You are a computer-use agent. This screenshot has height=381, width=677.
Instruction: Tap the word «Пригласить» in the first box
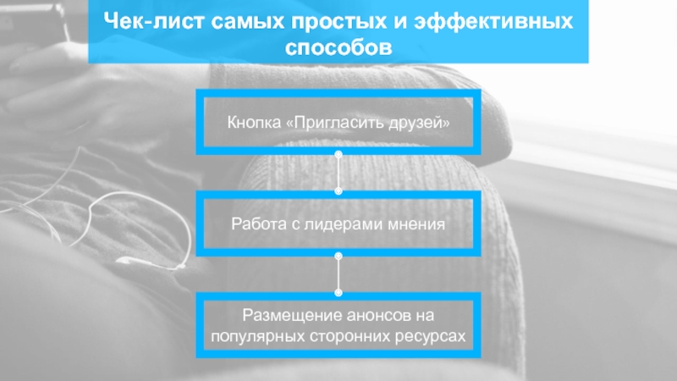point(334,124)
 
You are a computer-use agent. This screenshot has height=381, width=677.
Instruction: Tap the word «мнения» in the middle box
point(415,224)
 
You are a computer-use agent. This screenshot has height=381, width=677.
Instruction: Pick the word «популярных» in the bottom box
point(254,335)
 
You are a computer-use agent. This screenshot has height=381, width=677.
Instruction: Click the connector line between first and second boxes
point(338,173)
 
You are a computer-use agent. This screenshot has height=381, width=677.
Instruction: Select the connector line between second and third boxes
point(338,273)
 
